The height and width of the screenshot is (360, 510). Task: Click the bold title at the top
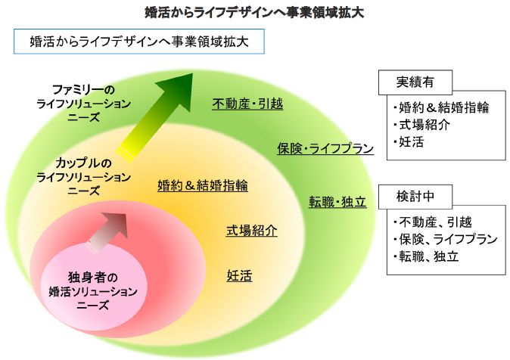click(255, 11)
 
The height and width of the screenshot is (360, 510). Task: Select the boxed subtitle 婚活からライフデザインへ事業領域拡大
click(139, 42)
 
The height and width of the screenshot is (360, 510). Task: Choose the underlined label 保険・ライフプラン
click(325, 148)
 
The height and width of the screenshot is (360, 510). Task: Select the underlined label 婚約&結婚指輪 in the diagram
click(202, 185)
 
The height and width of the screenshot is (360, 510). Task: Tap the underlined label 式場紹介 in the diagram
click(252, 230)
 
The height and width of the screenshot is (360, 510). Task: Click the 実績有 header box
click(414, 82)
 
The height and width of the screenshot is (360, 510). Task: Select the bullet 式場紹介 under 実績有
click(421, 124)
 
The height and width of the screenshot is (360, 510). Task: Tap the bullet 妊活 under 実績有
click(412, 141)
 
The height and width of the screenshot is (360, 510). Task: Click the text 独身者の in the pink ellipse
click(89, 276)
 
